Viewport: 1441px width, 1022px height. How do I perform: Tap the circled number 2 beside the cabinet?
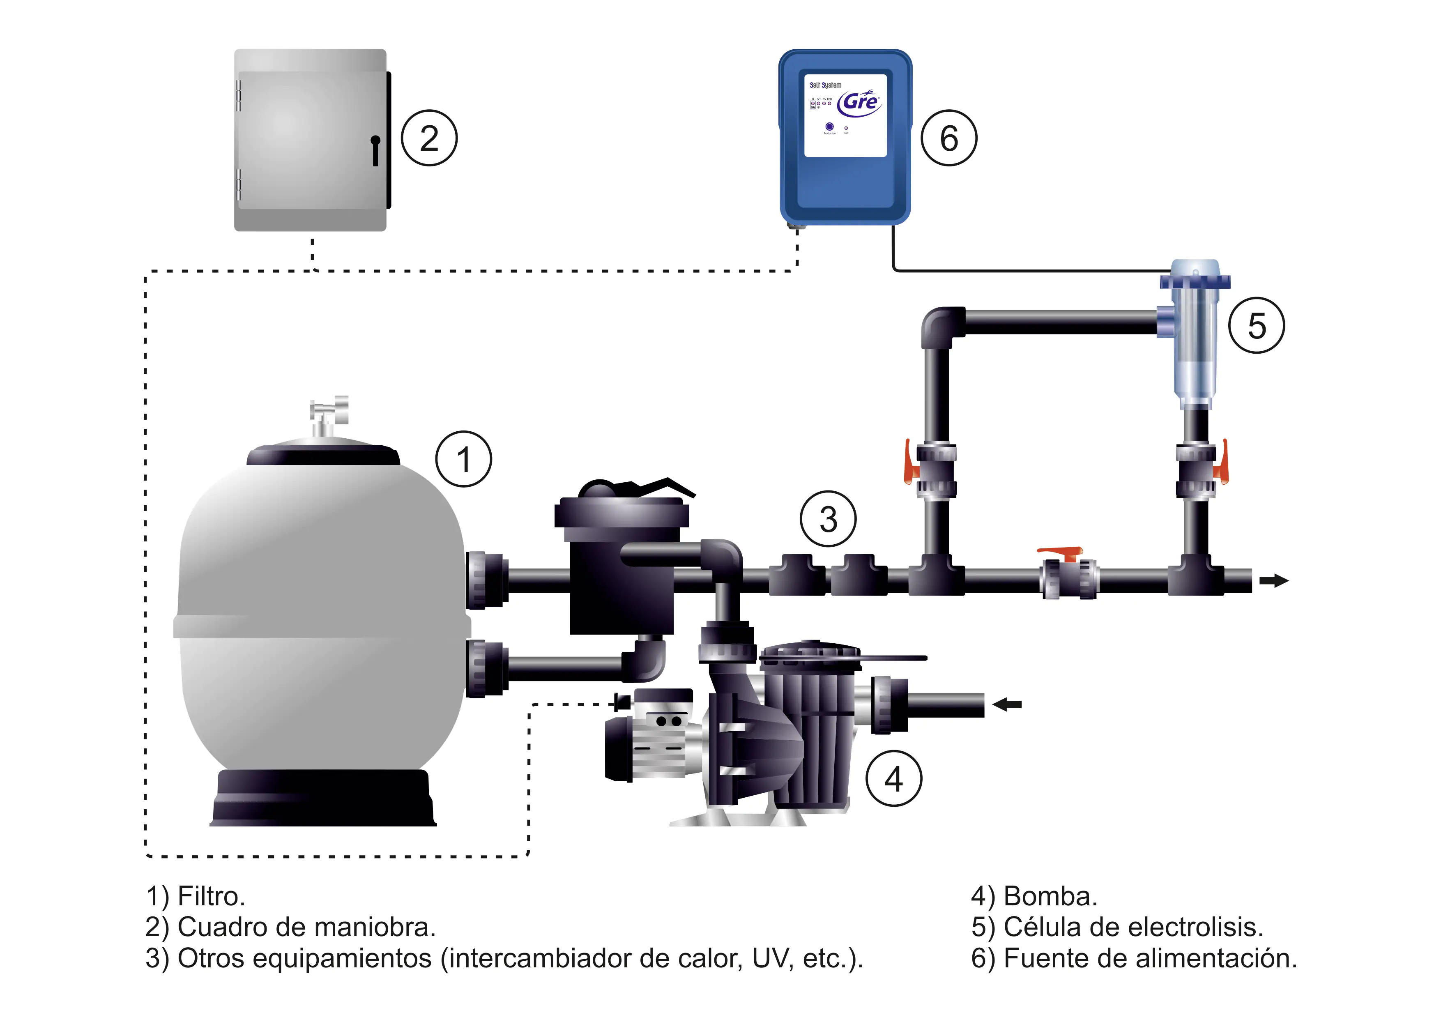tap(429, 138)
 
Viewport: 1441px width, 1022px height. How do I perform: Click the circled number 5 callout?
tap(1257, 325)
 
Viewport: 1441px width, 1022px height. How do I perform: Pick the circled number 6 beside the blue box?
tap(949, 138)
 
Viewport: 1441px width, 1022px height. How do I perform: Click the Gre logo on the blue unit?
tap(860, 102)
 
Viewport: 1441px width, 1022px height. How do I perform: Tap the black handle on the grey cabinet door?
tap(376, 150)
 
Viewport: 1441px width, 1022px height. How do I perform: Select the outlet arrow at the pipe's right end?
tap(1274, 580)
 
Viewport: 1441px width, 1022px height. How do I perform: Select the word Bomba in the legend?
tap(1050, 896)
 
